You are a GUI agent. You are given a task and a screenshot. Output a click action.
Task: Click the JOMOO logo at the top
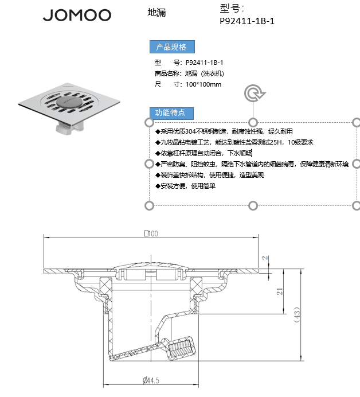pos(77,15)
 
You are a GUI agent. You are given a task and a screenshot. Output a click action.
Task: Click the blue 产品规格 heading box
pos(172,47)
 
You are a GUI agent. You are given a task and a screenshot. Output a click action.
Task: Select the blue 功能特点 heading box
pos(171,113)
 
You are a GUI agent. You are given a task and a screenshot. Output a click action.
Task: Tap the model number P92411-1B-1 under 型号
pos(247,21)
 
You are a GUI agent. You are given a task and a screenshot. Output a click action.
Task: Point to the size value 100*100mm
pos(204,84)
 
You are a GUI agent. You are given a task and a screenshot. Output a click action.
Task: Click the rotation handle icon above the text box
pos(255,93)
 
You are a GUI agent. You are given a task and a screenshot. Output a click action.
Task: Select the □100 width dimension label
pos(151,233)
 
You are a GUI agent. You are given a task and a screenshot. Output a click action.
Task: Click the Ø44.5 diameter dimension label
pos(151,380)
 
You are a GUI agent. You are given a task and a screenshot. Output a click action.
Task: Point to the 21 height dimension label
pos(280,291)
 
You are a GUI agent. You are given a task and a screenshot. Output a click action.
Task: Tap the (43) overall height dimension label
pos(297,314)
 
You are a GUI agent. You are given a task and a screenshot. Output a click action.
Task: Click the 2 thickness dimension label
pos(265,258)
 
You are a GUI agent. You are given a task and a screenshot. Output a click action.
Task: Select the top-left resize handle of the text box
pos(149,123)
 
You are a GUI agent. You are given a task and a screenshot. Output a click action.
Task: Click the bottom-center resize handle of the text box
pos(253,205)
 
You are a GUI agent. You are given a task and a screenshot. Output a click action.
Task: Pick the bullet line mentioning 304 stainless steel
pos(224,131)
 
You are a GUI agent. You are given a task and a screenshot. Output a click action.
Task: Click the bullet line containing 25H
pos(234,142)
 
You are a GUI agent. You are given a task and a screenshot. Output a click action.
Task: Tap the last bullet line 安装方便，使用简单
pos(185,186)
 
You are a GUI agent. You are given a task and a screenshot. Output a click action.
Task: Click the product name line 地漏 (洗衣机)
pos(189,73)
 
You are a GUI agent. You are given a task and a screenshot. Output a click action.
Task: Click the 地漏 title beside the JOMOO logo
pos(156,13)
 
